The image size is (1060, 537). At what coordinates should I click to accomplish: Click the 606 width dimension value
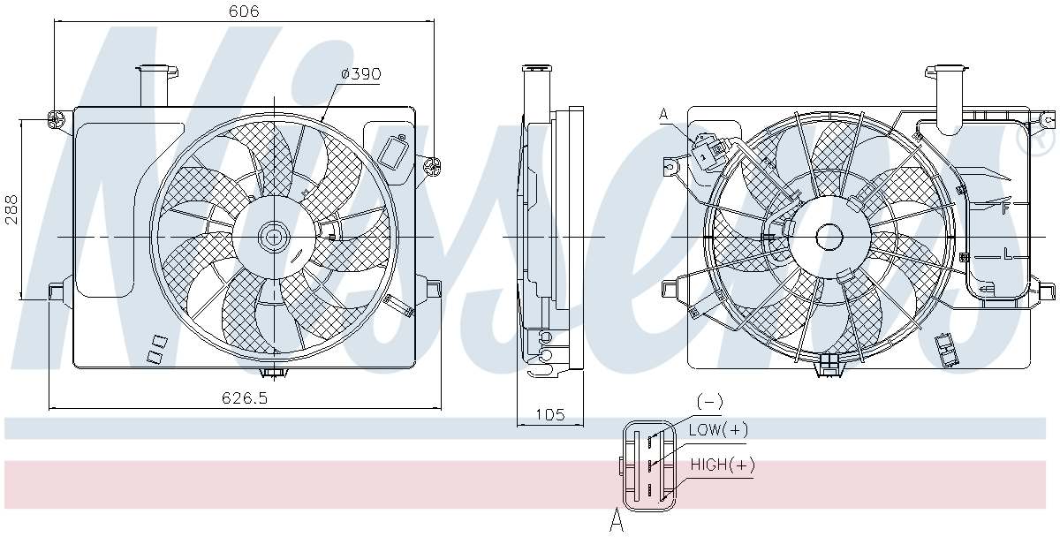[245, 11]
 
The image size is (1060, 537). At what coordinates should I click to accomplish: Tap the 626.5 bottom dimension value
[245, 398]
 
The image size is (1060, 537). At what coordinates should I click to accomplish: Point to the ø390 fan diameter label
[360, 74]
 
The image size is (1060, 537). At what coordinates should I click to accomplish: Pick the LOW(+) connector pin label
[718, 429]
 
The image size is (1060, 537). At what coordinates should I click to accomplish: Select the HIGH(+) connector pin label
[723, 465]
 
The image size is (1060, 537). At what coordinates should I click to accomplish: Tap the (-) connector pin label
[709, 402]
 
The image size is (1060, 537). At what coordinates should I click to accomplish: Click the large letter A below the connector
[617, 522]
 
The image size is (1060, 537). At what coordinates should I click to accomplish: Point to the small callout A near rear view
[663, 114]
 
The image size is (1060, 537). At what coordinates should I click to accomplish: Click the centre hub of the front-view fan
[273, 237]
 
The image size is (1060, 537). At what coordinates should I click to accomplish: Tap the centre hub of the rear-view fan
[829, 237]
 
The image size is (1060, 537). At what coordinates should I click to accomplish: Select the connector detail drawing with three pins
[648, 465]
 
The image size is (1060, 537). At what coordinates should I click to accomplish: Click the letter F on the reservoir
[1004, 208]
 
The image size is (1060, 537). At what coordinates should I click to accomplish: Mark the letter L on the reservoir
[1006, 254]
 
